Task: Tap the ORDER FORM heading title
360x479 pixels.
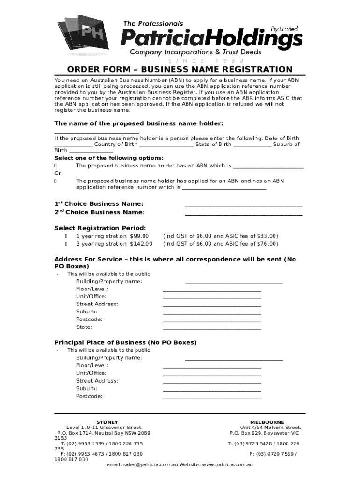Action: pyautogui.click(x=180, y=70)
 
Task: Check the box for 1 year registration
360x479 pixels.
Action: pyautogui.click(x=66, y=236)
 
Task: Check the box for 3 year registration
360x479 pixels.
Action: pyautogui.click(x=66, y=244)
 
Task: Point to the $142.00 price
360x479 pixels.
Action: pyautogui.click(x=141, y=244)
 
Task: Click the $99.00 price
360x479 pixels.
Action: pyautogui.click(x=139, y=236)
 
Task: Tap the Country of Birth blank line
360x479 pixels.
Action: pyautogui.click(x=166, y=145)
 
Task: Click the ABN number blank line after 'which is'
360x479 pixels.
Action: pyautogui.click(x=268, y=167)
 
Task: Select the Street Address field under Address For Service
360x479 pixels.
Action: pyautogui.click(x=212, y=305)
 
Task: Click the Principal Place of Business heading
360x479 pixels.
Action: pyautogui.click(x=125, y=342)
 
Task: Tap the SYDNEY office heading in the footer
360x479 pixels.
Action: pyautogui.click(x=107, y=422)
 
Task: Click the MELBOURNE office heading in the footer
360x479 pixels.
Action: pyautogui.click(x=267, y=422)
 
